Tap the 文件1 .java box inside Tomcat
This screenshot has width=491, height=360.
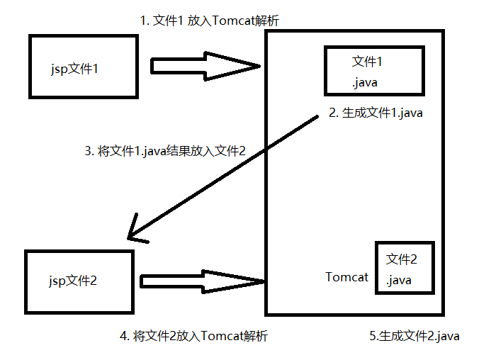click(374, 71)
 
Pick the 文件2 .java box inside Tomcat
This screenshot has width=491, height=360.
click(405, 268)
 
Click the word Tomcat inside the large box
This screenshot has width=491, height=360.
click(346, 277)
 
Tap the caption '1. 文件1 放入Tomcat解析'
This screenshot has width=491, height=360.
click(210, 21)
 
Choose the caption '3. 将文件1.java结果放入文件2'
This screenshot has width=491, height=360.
click(164, 150)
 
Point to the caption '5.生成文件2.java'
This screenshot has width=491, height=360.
click(414, 336)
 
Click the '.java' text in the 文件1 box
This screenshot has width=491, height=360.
click(364, 83)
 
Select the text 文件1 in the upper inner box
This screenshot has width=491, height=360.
click(368, 62)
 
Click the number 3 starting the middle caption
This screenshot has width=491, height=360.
click(88, 150)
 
